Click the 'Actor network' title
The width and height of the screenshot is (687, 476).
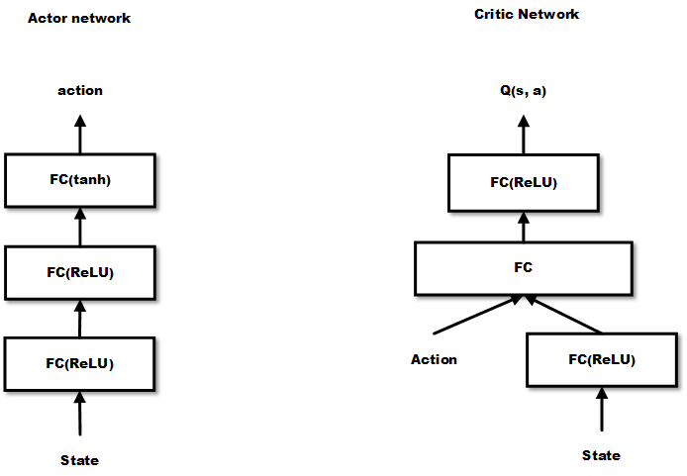pos(79,19)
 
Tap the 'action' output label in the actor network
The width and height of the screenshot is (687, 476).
pos(80,91)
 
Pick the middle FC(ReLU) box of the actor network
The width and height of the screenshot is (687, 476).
pos(80,271)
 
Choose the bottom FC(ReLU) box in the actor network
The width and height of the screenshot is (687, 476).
pos(80,362)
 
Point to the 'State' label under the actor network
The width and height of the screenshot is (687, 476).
pos(80,460)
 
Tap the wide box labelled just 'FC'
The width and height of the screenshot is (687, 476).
pos(525,267)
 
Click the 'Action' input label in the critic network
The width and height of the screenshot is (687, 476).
pos(434,359)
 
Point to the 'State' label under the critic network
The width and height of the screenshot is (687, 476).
pos(601,455)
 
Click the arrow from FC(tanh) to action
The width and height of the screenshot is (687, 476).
pos(81,133)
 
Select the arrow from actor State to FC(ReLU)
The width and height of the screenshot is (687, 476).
pos(80,414)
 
